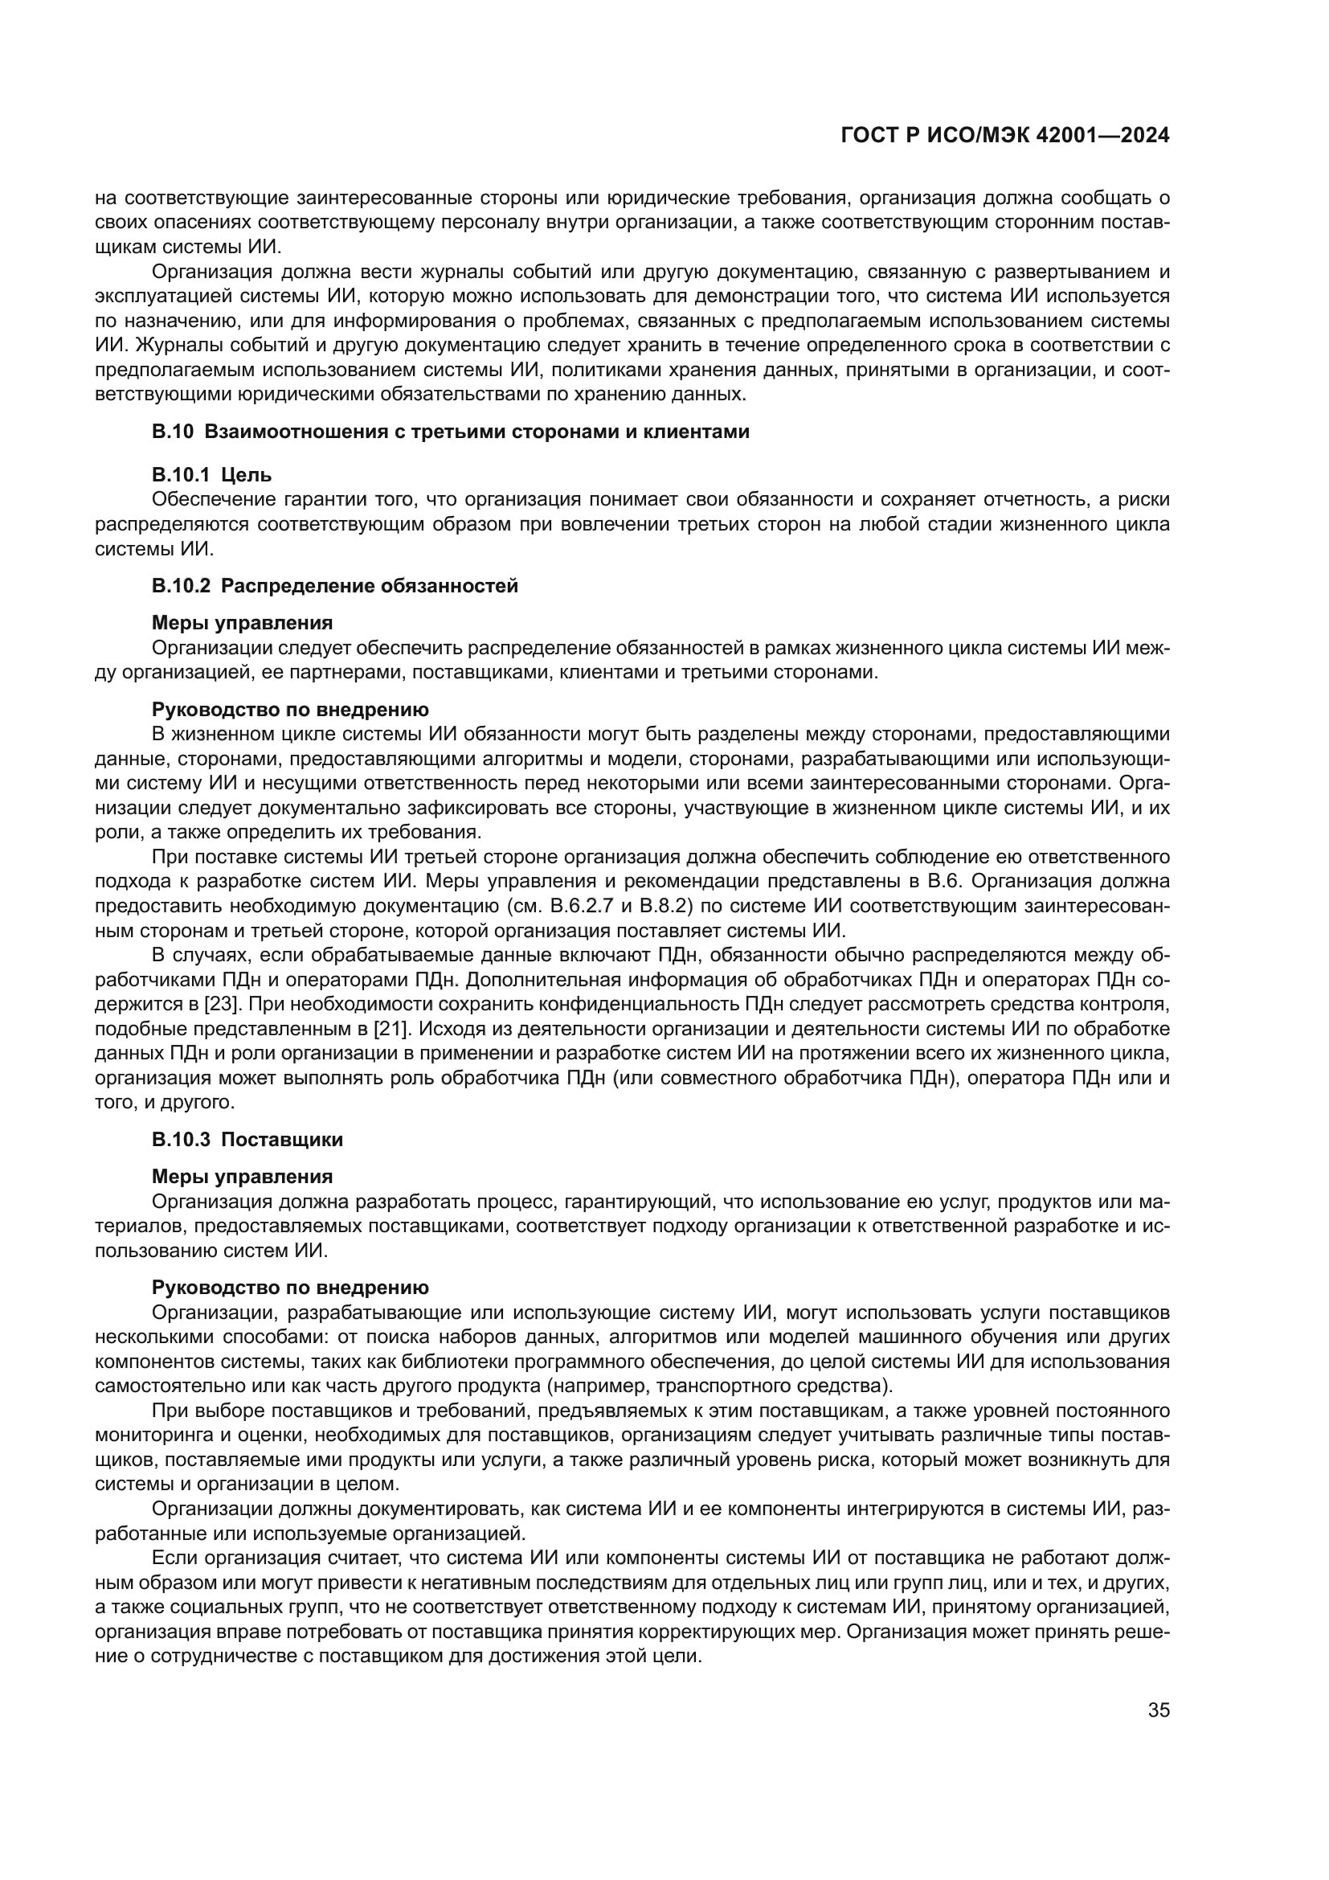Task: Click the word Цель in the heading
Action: tap(247, 475)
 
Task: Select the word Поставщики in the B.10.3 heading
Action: tap(282, 1140)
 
